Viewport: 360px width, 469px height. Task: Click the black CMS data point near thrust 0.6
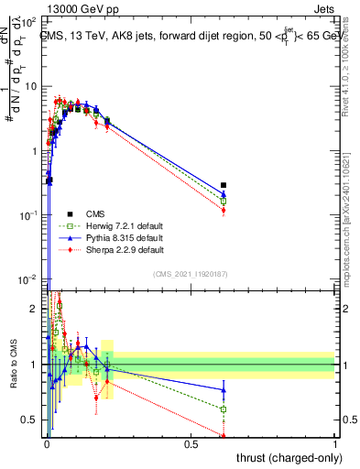point(224,185)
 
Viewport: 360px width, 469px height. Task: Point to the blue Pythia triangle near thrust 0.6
point(224,193)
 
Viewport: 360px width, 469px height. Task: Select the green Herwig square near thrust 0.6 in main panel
point(224,201)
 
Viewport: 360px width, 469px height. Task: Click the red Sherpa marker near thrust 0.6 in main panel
point(224,211)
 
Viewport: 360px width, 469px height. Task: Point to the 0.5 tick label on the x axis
point(191,444)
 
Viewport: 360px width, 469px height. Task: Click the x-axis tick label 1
point(335,444)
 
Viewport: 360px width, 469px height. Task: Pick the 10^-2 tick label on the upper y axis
point(29,278)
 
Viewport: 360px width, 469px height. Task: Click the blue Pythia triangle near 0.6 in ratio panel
point(224,389)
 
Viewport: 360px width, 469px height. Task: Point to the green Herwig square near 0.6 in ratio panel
point(224,409)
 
